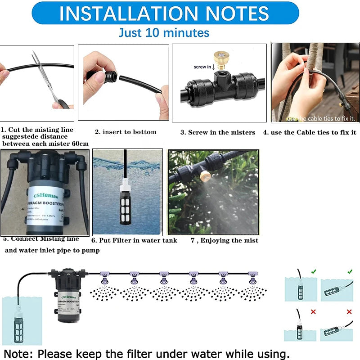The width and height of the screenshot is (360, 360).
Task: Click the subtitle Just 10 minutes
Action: click(x=164, y=33)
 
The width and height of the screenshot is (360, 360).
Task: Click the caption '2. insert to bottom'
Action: click(x=126, y=132)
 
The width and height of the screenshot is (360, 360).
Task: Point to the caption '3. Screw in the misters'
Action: click(x=217, y=132)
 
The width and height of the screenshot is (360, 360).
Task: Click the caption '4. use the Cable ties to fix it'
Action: click(x=310, y=132)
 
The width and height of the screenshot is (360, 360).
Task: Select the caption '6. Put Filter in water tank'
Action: click(x=134, y=240)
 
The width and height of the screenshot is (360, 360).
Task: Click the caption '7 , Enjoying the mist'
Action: click(x=224, y=240)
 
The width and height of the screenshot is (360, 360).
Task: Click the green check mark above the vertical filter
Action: click(x=313, y=272)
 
